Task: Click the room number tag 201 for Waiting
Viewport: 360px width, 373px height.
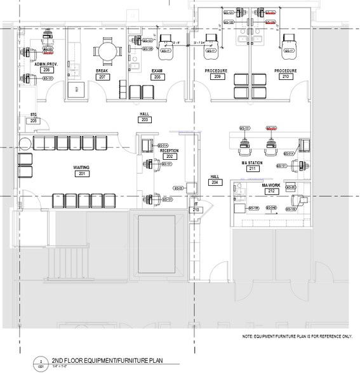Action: pyautogui.click(x=81, y=173)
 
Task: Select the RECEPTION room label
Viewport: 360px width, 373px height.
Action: pyautogui.click(x=170, y=150)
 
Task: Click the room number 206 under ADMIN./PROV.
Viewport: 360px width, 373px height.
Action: pyautogui.click(x=46, y=69)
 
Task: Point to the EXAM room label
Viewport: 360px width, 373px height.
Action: pyautogui.click(x=157, y=70)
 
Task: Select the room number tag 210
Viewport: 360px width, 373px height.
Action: pyautogui.click(x=285, y=77)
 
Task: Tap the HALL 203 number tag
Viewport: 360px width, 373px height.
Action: pyautogui.click(x=145, y=119)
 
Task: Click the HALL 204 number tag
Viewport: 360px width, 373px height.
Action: pyautogui.click(x=215, y=183)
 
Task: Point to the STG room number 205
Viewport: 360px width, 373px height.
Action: pyautogui.click(x=34, y=121)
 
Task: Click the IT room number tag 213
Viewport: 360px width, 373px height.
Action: pyautogui.click(x=196, y=209)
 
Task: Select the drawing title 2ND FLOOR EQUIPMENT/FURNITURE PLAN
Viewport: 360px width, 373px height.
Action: pyautogui.click(x=107, y=360)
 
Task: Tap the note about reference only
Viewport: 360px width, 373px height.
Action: pyautogui.click(x=296, y=336)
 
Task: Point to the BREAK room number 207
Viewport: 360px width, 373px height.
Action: pyautogui.click(x=101, y=76)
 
